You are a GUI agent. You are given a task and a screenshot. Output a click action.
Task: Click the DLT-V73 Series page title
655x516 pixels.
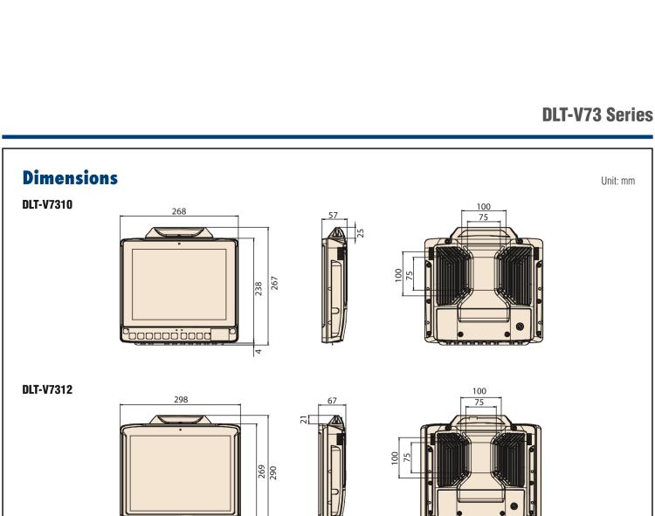(x=597, y=114)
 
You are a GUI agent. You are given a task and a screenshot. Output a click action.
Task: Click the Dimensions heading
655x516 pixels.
(x=70, y=177)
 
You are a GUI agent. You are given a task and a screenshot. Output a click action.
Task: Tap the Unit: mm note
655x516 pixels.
(x=617, y=181)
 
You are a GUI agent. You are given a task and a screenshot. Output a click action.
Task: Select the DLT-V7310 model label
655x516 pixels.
(x=47, y=204)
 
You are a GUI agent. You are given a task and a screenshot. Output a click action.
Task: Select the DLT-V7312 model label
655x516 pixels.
(x=47, y=389)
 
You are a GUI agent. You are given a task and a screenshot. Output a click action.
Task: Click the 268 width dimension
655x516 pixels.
(x=179, y=211)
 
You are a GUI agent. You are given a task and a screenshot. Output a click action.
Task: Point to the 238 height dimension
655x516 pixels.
(x=259, y=288)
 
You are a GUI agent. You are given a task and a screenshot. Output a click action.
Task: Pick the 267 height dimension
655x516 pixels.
(x=274, y=283)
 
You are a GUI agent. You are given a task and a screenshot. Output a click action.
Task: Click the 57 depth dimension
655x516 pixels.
(x=333, y=215)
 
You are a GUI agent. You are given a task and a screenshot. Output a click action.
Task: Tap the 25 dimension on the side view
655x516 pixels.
(x=361, y=232)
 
